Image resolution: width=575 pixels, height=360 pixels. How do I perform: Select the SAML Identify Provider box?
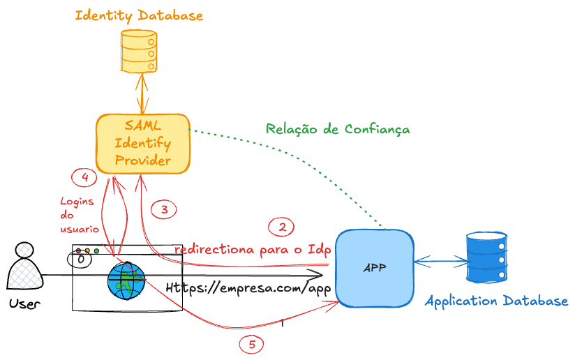[x=142, y=144]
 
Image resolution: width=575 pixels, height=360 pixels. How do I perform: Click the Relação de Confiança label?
[x=338, y=129]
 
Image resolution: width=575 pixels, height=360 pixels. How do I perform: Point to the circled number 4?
[x=84, y=177]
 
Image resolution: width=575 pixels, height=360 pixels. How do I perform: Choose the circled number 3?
[x=164, y=209]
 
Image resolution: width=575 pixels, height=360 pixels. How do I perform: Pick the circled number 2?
[x=282, y=227]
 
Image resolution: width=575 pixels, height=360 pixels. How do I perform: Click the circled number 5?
[x=252, y=343]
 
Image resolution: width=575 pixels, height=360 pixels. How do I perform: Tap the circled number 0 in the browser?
[x=81, y=260]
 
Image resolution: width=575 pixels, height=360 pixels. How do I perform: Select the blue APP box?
[x=374, y=268]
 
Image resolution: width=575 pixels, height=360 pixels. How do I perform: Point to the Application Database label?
[x=496, y=301]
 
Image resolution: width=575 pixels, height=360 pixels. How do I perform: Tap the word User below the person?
[x=25, y=303]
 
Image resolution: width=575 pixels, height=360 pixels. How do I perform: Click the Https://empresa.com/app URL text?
[x=248, y=288]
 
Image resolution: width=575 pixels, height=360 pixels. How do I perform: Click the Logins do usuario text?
[x=78, y=216]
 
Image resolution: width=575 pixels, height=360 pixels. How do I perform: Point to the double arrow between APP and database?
[x=440, y=262]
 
